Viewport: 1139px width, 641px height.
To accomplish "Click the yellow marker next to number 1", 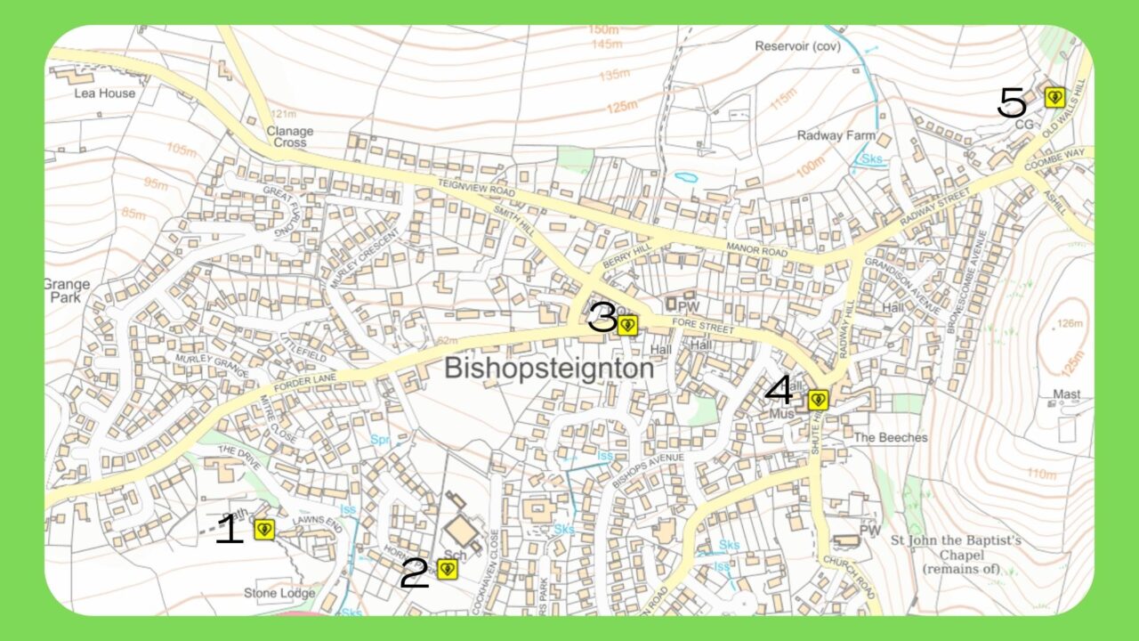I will click(263, 530).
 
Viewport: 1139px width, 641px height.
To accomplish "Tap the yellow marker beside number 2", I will click(447, 569).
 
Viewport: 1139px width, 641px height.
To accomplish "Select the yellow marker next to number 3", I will click(627, 325).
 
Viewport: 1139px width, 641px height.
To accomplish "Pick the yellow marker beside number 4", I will click(819, 400).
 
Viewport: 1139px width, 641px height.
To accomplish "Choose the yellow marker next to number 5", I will click(1054, 97).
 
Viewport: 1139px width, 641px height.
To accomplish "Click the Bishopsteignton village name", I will click(549, 369).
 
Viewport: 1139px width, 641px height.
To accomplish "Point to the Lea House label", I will click(105, 93).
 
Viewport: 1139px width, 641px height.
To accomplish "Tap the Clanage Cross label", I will click(290, 136).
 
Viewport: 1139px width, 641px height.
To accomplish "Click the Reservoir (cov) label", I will click(797, 45).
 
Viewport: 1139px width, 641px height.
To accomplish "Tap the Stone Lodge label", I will click(279, 593).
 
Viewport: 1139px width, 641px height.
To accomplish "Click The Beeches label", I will click(891, 438).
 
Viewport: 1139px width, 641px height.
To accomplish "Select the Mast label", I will click(1066, 394).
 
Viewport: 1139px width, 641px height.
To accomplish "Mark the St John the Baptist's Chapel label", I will click(957, 554).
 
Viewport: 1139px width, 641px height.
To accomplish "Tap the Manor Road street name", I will click(757, 250).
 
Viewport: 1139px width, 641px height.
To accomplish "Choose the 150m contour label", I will click(604, 30).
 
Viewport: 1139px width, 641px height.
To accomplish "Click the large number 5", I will click(1012, 104).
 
